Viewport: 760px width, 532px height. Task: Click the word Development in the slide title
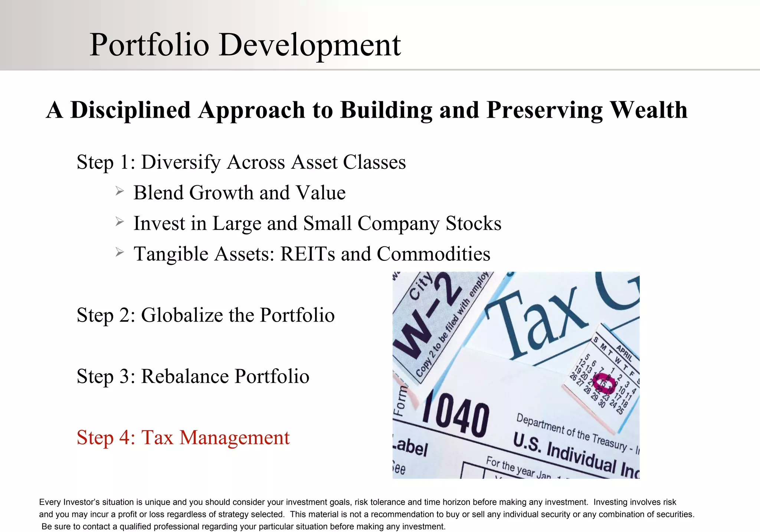(x=310, y=45)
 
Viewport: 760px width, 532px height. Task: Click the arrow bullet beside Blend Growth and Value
(x=119, y=191)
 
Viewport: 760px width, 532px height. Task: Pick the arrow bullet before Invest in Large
(x=119, y=222)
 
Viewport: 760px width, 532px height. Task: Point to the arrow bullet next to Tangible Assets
(x=119, y=253)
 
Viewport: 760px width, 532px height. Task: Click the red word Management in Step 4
(x=234, y=437)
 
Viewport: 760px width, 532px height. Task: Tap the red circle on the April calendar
(x=604, y=384)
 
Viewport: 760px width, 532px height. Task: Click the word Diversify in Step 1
(x=181, y=162)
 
